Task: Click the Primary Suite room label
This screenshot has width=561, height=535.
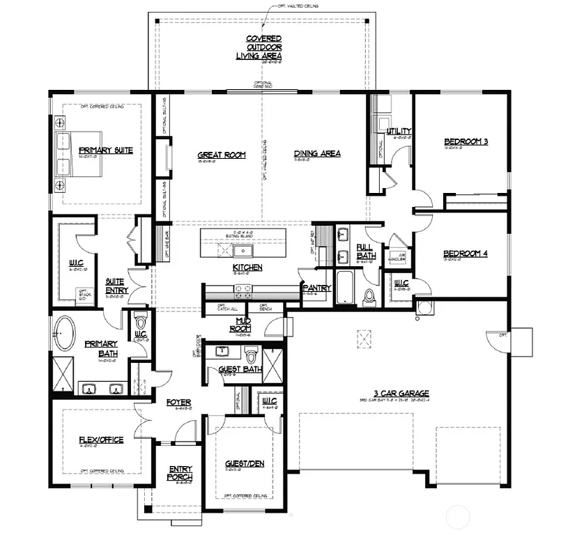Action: [x=105, y=150]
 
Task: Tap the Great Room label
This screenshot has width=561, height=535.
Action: [x=221, y=155]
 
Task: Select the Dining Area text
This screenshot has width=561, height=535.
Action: [x=316, y=153]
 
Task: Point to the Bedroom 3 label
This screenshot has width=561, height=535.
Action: [x=466, y=142]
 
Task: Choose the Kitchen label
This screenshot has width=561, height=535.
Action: [x=247, y=267]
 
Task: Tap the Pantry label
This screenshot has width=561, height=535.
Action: [x=312, y=286]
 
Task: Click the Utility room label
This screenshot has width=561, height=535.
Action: [x=399, y=131]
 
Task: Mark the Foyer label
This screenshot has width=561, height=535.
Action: [x=178, y=403]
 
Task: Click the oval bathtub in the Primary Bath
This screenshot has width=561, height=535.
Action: [x=66, y=334]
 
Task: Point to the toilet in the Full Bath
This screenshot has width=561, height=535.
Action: [x=369, y=296]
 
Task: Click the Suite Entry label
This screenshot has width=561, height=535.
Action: [x=115, y=286]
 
